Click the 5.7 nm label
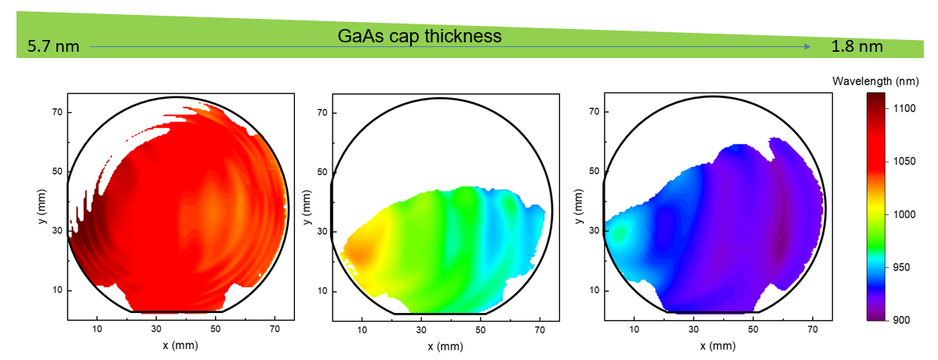click(53, 46)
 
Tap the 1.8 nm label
click(857, 46)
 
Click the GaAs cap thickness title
click(419, 36)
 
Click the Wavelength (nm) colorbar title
click(876, 81)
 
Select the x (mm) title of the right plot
click(710, 344)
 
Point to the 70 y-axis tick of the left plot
click(56, 112)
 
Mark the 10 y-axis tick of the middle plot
click(322, 291)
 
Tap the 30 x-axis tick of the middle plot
click(421, 329)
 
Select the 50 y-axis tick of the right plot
click(593, 171)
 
